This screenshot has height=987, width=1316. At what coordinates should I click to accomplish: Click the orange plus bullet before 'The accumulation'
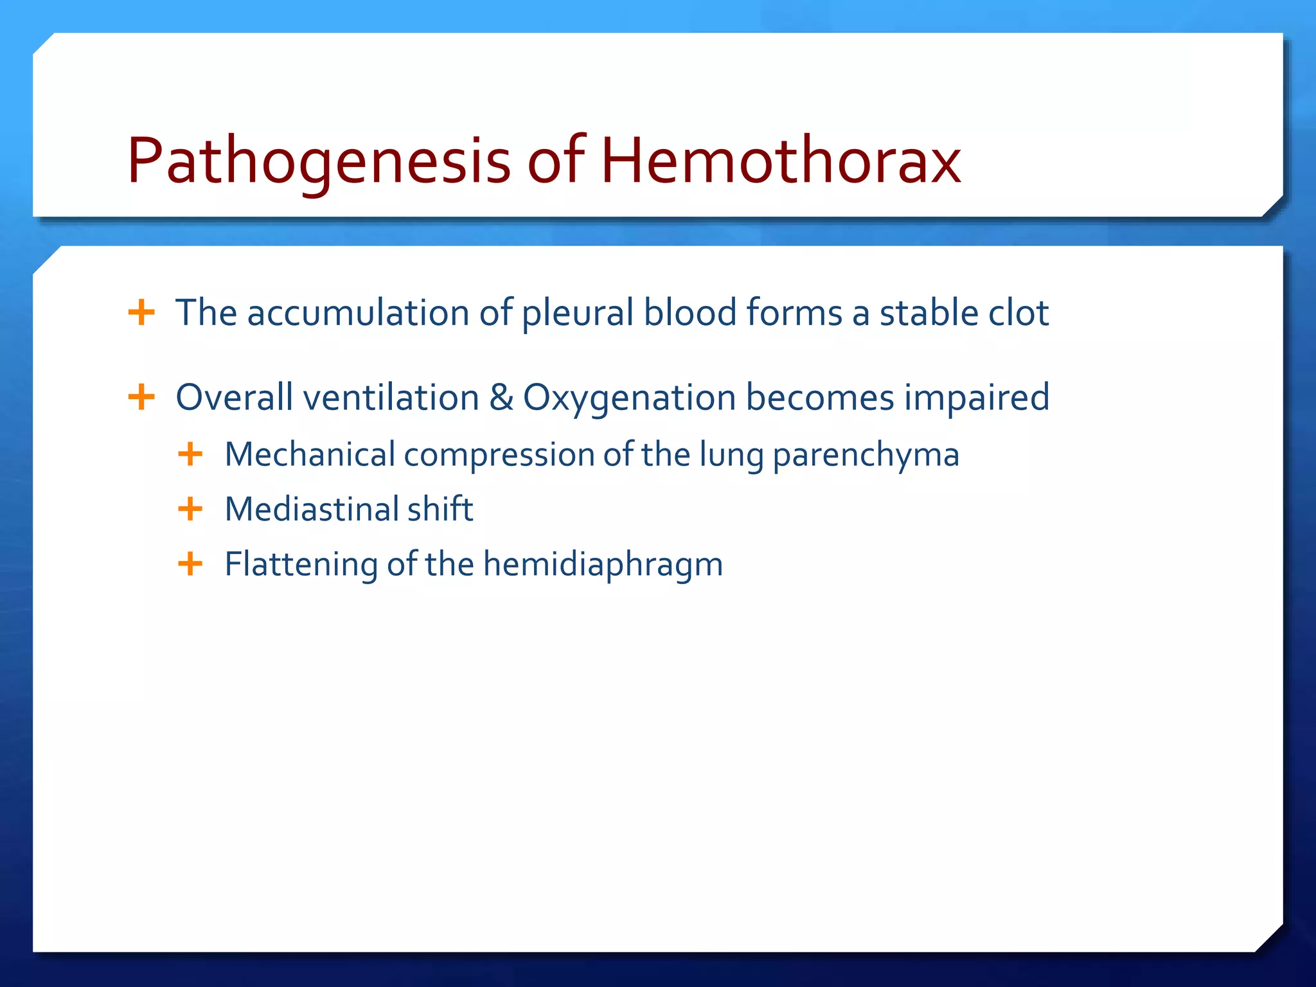tap(141, 313)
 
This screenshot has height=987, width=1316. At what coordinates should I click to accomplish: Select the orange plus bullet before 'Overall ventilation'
tap(141, 397)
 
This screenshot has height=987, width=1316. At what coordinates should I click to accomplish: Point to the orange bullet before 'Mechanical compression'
tap(190, 454)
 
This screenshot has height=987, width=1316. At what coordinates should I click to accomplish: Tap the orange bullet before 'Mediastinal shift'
tap(190, 509)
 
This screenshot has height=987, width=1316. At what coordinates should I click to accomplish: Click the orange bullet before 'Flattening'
tap(190, 564)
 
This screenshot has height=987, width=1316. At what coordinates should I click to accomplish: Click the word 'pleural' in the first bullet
tap(578, 313)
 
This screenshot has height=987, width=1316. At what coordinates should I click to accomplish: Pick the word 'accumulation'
tap(358, 313)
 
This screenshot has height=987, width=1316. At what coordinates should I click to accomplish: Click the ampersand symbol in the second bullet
tap(501, 397)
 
